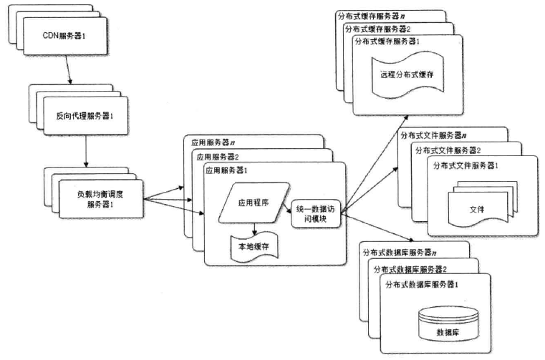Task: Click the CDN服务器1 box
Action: pos(65,36)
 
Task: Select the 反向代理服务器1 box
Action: pos(86,116)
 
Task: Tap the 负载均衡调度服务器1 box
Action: pos(101,199)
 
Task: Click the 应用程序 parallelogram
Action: pos(254,203)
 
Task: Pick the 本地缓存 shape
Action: pos(254,247)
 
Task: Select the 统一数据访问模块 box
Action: pos(316,214)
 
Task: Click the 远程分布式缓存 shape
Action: pos(407,74)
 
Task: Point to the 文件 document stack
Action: pos(483,205)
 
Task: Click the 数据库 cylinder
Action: pos(448,324)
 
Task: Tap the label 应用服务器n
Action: pos(213,142)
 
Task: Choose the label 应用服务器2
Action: pos(218,157)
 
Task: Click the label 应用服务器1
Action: pos(226,170)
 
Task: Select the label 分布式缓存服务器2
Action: pos(378,29)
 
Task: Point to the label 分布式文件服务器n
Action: pos(433,135)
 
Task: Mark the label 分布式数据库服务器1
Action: pos(422,285)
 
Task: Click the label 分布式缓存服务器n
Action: pos(371,16)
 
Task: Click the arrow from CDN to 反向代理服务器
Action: pos(68,69)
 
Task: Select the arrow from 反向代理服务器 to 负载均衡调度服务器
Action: pos(86,151)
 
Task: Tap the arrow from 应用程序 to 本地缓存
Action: pos(255,229)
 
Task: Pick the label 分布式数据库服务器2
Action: pos(410,269)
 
